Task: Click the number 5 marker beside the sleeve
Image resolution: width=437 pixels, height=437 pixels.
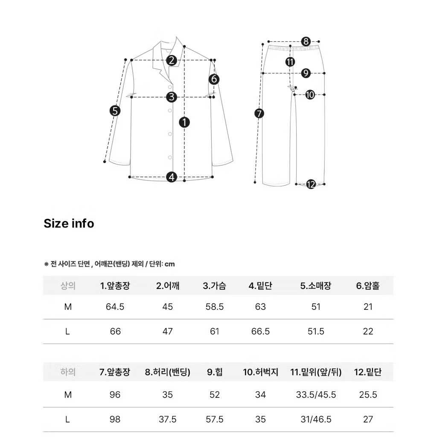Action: [115, 111]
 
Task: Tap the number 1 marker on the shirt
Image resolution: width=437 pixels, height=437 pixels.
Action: [184, 122]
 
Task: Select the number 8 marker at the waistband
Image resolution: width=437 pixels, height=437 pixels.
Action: [306, 41]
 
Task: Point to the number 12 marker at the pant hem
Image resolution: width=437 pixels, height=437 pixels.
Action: [311, 184]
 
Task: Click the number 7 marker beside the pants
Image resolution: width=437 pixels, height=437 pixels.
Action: [259, 113]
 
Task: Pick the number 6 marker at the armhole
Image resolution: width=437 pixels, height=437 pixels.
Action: [214, 79]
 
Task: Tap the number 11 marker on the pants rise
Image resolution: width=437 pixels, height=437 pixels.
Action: [290, 62]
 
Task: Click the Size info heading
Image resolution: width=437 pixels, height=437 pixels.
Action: [69, 224]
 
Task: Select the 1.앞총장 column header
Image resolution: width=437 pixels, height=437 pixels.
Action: [115, 286]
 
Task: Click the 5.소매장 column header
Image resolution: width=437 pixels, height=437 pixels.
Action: [316, 286]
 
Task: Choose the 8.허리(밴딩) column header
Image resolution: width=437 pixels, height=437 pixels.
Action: [168, 372]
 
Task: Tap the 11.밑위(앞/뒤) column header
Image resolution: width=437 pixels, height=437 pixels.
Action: [316, 372]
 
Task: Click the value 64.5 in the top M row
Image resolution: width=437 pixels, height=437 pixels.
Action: [115, 307]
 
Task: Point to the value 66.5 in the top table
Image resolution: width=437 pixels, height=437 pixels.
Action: [260, 332]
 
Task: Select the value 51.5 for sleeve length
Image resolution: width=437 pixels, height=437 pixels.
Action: [316, 332]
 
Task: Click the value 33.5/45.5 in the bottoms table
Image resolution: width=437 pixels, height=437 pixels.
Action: [316, 395]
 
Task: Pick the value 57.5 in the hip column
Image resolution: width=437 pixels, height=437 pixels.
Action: [215, 420]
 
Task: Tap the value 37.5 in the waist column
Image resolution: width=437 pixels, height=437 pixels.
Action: [168, 420]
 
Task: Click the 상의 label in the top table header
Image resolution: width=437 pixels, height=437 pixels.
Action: [68, 286]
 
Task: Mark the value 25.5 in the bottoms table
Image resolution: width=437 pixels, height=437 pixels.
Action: [368, 395]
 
